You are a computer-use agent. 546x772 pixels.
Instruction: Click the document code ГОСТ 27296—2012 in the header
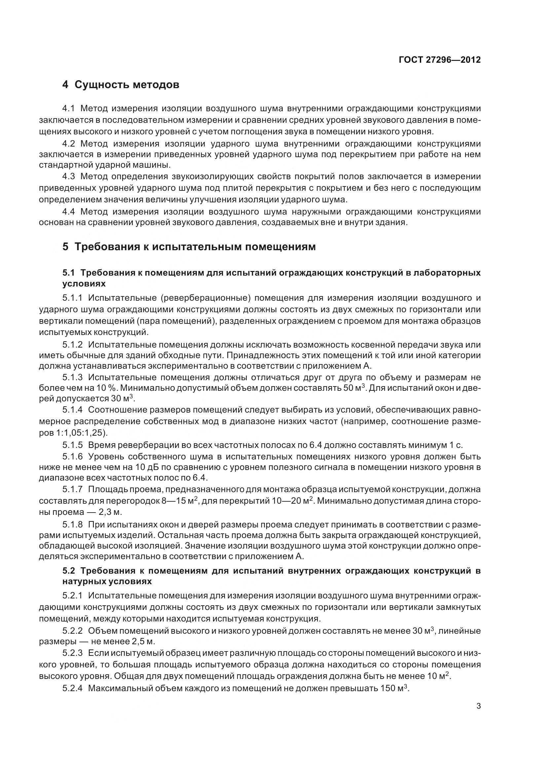[440, 60]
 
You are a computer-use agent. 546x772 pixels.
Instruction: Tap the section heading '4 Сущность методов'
[121, 85]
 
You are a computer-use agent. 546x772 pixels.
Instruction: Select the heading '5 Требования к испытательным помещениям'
[189, 247]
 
